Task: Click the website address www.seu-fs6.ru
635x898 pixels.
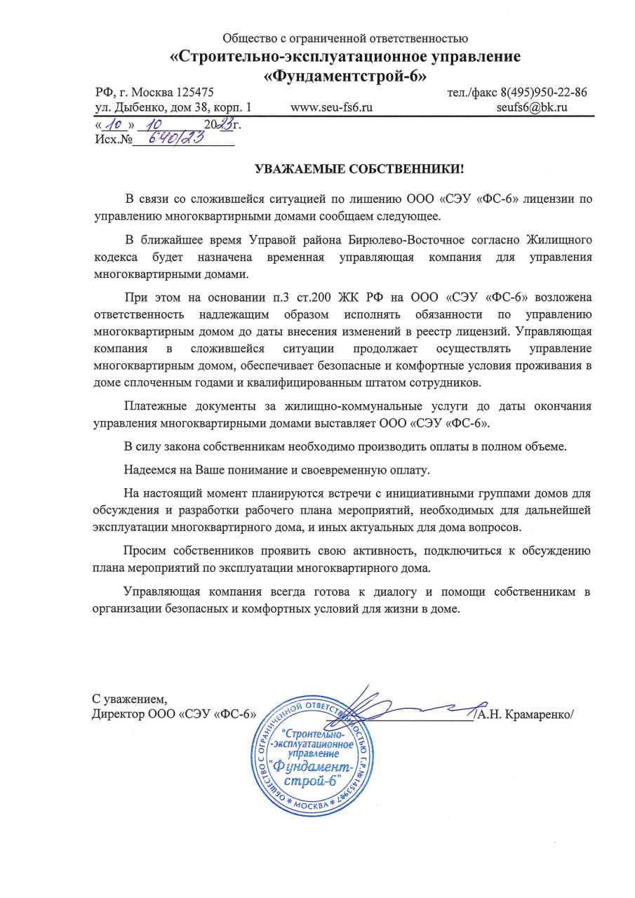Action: pos(331,107)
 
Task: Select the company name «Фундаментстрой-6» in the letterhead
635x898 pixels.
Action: pos(345,74)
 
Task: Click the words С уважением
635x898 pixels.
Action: pos(130,699)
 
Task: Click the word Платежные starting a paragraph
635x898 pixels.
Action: pos(151,406)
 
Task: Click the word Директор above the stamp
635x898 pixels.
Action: pos(118,715)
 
